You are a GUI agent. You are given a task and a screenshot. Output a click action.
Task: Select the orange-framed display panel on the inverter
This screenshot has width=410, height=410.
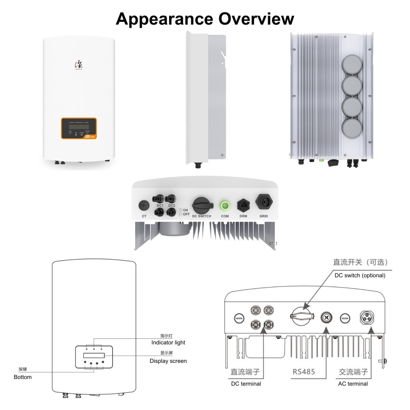79,128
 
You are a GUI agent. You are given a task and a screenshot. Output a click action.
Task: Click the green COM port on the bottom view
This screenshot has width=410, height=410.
225,206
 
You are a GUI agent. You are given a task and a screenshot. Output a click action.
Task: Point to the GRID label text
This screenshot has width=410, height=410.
264,216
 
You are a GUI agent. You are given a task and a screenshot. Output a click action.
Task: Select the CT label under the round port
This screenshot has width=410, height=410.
144,216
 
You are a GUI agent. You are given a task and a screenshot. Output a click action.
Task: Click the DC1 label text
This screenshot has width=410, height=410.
160,206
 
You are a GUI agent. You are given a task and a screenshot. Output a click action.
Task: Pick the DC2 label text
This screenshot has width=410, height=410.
172,206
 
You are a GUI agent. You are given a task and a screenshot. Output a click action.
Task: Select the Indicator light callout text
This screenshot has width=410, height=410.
168,342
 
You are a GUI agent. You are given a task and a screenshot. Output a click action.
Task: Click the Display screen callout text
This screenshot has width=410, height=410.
168,361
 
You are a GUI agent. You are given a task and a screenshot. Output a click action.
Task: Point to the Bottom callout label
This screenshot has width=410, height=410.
23,377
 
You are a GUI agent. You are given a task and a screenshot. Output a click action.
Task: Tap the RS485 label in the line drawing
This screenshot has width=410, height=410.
304,372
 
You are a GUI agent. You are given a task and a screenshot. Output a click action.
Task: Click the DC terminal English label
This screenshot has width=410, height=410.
246,384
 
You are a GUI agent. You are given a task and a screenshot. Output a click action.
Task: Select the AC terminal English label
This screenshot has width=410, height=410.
353,384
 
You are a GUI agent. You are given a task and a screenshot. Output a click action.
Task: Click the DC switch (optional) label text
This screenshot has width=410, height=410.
360,275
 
